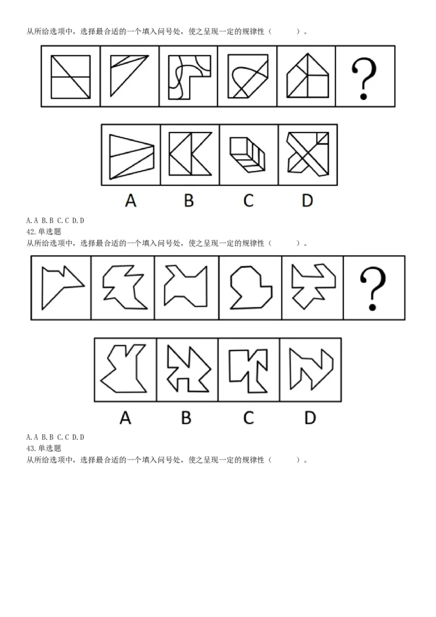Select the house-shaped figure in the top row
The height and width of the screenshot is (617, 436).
click(307, 76)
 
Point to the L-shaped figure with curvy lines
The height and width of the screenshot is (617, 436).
click(189, 77)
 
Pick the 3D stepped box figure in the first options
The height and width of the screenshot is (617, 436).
click(247, 155)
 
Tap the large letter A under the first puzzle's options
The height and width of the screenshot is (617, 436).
click(131, 200)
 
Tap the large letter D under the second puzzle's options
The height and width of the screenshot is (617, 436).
click(310, 418)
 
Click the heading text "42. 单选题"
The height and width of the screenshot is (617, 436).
click(44, 231)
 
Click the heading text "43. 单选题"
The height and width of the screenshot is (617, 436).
click(44, 448)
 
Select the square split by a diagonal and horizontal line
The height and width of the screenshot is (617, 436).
click(70, 77)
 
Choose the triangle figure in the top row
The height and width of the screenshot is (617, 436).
click(129, 76)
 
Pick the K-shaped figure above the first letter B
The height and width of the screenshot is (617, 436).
click(190, 154)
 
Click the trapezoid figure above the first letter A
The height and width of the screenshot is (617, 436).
click(131, 156)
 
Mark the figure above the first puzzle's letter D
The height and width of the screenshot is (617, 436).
click(308, 154)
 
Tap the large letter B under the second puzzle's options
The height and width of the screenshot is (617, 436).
click(186, 418)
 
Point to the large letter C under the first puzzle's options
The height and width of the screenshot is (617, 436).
click(249, 200)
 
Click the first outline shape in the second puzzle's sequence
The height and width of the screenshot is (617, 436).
click(63, 288)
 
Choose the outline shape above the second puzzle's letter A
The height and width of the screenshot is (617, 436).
click(124, 368)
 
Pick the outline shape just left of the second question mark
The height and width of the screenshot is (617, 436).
click(313, 286)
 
